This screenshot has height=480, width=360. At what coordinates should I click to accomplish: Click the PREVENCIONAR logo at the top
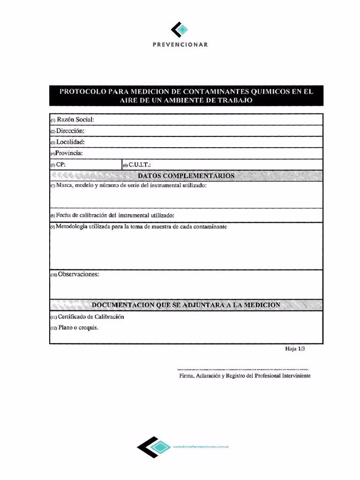179,30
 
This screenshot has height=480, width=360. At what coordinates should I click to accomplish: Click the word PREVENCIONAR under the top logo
180,45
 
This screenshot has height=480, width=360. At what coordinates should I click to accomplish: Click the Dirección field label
70,131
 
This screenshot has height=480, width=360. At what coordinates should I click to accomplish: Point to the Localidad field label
70,142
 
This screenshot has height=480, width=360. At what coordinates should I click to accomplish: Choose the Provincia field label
69,153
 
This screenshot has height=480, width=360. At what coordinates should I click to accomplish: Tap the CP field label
60,165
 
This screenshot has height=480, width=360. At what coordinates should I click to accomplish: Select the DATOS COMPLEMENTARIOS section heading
186,176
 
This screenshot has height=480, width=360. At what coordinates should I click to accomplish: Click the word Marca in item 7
64,186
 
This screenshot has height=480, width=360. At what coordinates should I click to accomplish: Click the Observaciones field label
78,274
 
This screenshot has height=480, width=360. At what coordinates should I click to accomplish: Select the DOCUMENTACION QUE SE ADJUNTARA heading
186,305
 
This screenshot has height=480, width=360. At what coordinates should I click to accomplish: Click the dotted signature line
243,369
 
